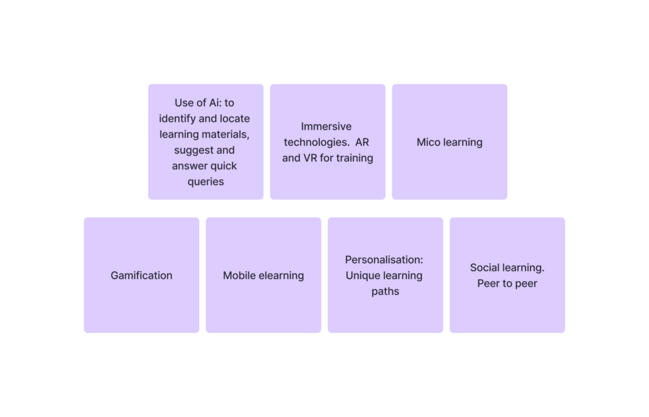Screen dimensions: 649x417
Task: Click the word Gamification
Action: (141, 275)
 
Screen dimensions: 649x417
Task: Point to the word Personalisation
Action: (383, 260)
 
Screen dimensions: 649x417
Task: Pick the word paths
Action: (385, 292)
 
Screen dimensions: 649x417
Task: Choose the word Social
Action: (484, 268)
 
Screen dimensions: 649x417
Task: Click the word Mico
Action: (429, 142)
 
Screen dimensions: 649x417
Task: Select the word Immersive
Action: (326, 126)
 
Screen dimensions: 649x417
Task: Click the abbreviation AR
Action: (362, 142)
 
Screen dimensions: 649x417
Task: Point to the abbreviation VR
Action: (310, 158)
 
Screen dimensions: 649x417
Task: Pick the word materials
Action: (230, 135)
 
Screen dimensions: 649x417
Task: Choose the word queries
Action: (206, 182)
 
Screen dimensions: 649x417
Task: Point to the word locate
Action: (235, 119)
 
